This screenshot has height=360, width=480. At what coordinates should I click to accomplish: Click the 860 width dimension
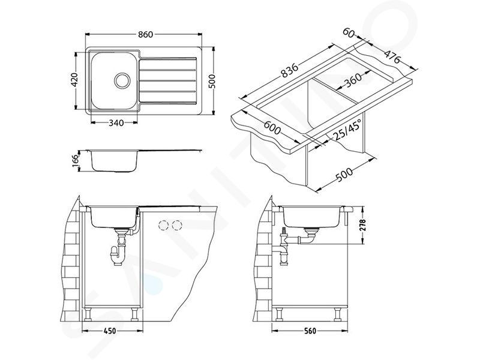145,34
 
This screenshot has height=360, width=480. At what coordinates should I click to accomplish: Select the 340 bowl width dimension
116,123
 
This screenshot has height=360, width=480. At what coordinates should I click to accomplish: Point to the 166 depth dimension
76,160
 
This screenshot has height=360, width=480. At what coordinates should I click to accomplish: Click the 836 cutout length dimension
289,71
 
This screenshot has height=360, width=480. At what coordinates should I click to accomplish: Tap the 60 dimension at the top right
348,32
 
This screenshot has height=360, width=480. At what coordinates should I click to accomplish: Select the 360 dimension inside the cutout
353,80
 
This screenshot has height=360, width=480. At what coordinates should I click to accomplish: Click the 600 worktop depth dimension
272,128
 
